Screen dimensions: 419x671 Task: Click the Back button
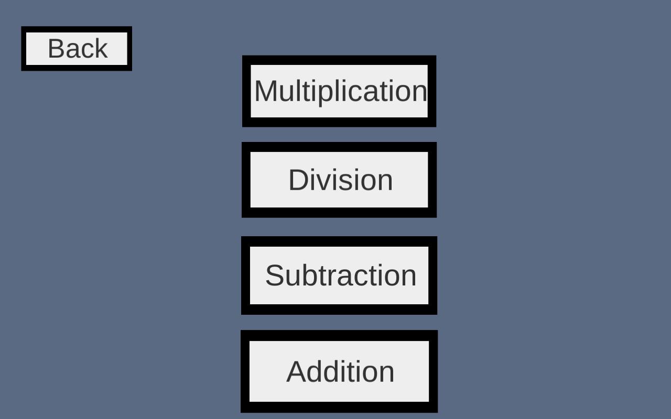(x=77, y=49)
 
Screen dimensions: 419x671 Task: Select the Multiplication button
(x=339, y=91)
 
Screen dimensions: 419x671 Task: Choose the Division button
(x=339, y=180)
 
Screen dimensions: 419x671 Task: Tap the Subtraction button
(x=339, y=275)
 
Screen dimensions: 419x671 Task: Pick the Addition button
(x=339, y=371)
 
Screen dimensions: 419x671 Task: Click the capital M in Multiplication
(x=266, y=91)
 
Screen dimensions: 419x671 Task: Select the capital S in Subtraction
(x=274, y=275)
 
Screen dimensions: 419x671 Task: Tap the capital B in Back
(x=56, y=49)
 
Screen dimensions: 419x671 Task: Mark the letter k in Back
(x=102, y=49)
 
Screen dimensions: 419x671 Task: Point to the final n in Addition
(x=387, y=373)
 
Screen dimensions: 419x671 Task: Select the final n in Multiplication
(x=420, y=93)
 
